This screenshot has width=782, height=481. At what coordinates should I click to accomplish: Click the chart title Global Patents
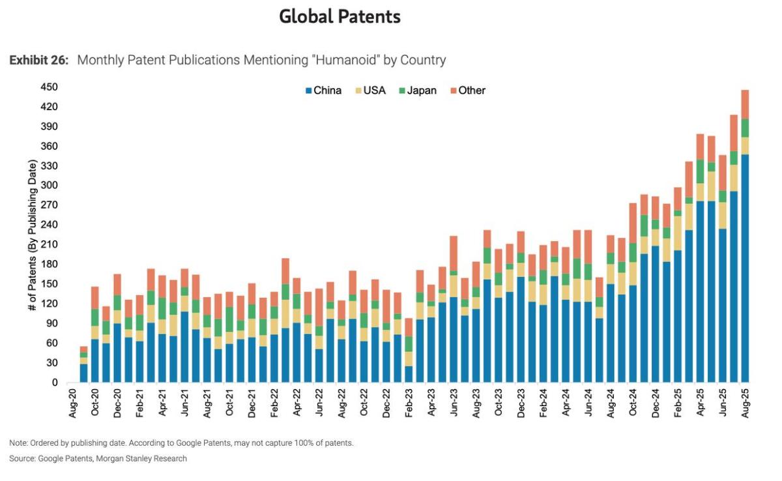tap(340, 17)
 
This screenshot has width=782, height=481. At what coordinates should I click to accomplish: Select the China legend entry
tap(323, 91)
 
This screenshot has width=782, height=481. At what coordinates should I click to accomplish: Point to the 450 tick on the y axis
tap(50, 87)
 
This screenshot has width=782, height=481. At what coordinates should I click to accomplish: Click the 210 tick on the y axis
tap(50, 244)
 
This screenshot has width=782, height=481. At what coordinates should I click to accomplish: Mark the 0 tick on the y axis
tap(55, 383)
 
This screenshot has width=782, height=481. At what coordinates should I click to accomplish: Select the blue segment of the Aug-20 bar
tap(83, 373)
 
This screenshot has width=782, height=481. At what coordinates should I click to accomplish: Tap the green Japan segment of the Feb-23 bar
tap(409, 344)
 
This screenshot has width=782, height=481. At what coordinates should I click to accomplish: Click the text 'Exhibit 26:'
tap(38, 61)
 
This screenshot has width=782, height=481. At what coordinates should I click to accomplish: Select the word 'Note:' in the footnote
tap(18, 443)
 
